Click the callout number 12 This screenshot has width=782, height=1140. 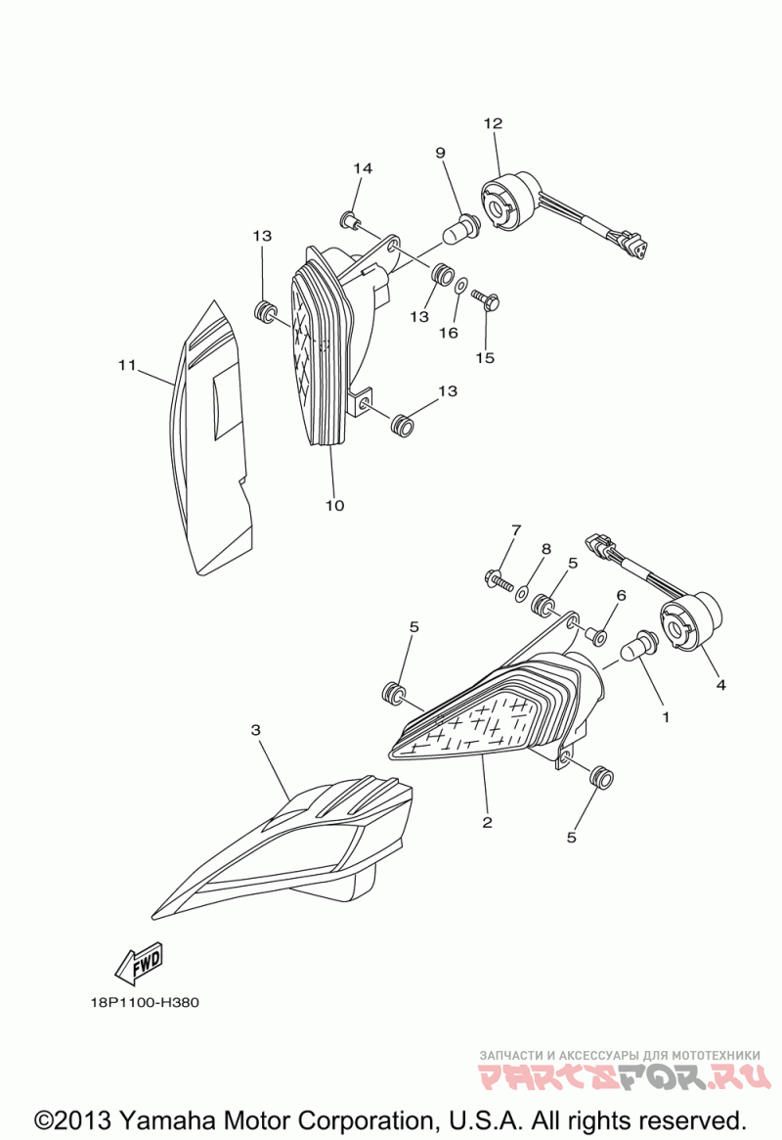pos(493,123)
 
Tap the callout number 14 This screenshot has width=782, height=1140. pos(363,168)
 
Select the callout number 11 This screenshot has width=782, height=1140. pos(126,365)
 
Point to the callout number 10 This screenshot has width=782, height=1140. pos(334,506)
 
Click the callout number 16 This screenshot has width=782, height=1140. pos(448,333)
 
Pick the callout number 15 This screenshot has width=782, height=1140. pos(485,357)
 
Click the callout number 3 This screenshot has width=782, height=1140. pos(256,730)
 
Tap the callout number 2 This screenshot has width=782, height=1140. pos(487,822)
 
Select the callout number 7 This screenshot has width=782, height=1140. pos(515,530)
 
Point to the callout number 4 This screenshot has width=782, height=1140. pos(720,685)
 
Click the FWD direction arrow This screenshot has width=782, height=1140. pos(138,964)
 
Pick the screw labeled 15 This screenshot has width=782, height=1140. pos(486,296)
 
